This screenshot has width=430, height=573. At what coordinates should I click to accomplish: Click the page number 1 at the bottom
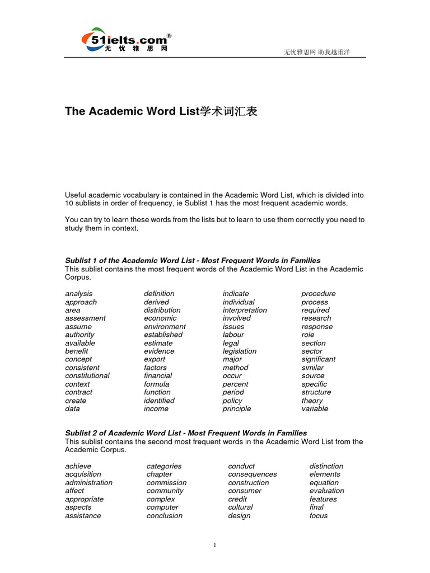coord(214,546)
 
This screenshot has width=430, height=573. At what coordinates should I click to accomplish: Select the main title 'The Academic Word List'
coord(161,111)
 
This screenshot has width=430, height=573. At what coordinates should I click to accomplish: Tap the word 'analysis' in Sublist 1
coord(79,294)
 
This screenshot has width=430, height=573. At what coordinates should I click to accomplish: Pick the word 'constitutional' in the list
coord(87,376)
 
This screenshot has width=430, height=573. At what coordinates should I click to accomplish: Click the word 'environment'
coord(165,327)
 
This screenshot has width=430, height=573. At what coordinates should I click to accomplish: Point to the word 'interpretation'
coord(245,310)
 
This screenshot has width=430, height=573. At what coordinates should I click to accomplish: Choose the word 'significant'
coord(319,359)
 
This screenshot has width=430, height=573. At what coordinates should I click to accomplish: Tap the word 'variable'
coord(315,409)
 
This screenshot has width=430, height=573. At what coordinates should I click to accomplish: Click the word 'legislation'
coord(240,351)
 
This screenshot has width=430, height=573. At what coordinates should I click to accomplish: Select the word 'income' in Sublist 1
coord(156,409)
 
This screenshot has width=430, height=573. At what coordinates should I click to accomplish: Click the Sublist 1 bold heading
coord(193,261)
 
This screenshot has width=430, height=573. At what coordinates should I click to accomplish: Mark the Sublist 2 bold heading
coord(186,433)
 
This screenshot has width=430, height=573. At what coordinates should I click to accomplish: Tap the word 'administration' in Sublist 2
coord(88,483)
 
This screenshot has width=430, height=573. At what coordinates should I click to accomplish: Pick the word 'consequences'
coord(253,475)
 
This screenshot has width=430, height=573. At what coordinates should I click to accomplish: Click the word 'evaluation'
coord(327,491)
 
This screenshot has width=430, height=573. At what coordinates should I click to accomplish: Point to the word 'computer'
coord(162,508)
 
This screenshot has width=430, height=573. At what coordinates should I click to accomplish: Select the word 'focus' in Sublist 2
coord(319,516)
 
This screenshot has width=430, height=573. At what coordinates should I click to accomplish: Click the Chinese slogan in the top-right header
coord(317,53)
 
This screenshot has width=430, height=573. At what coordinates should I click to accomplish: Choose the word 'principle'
coord(237,409)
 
